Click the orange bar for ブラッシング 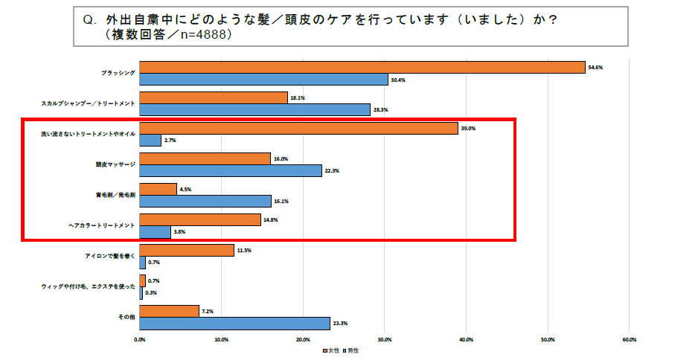(x=362, y=67)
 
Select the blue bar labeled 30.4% (x=263, y=80)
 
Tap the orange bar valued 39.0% (x=298, y=128)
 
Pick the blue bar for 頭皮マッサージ (x=231, y=171)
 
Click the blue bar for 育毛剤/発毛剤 (x=205, y=201)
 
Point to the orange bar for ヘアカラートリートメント (x=200, y=219)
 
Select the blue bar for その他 (x=234, y=323)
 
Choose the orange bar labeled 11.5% (x=187, y=251)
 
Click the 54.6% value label (x=595, y=67)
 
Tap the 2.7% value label (x=170, y=141)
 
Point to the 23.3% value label (x=340, y=324)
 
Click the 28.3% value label (x=380, y=110)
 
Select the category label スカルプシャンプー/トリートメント (x=88, y=103)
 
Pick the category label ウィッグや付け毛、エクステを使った (x=87, y=286)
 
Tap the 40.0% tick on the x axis (x=466, y=339)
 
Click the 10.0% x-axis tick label (x=221, y=339)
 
